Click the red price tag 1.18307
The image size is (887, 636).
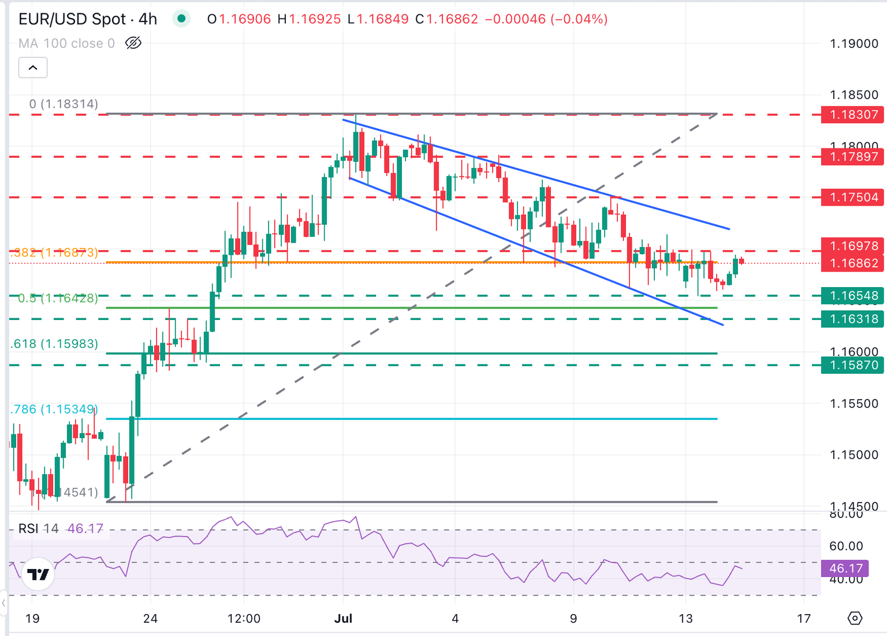(854, 114)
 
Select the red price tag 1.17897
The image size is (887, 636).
(854, 157)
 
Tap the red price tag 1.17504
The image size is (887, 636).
(854, 198)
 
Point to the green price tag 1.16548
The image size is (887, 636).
(854, 296)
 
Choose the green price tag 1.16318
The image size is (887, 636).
(854, 319)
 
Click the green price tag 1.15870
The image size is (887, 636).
(854, 365)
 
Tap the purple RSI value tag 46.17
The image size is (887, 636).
(845, 568)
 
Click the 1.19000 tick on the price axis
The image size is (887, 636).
(854, 44)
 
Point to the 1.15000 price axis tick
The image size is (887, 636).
(854, 455)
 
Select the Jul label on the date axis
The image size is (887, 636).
(343, 619)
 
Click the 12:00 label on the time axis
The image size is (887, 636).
(244, 619)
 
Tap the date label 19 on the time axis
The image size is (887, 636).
(32, 619)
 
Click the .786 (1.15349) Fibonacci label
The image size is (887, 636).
(54, 410)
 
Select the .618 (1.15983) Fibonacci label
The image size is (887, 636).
(54, 344)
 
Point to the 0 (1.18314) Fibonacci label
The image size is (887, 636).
(64, 104)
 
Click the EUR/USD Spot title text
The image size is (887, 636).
(72, 19)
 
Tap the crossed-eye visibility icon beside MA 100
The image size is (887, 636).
(133, 43)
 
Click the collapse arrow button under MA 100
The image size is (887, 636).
(33, 68)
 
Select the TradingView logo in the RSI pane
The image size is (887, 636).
(38, 574)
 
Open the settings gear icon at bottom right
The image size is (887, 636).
(855, 619)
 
